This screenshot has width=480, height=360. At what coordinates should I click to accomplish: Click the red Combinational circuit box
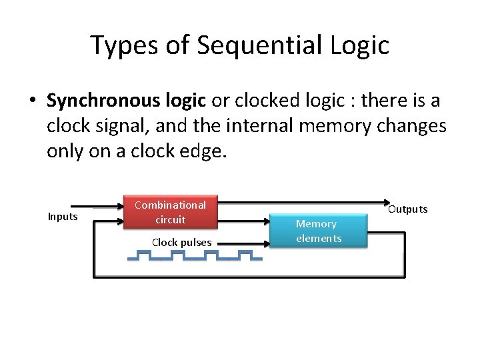pyautogui.click(x=170, y=211)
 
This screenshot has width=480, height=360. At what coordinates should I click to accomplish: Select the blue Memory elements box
pyautogui.click(x=318, y=231)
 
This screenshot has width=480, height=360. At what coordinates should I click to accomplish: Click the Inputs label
pyautogui.click(x=63, y=217)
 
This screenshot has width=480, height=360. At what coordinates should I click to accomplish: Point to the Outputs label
pyautogui.click(x=407, y=209)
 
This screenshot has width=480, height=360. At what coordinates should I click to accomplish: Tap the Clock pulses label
pyautogui.click(x=181, y=242)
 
